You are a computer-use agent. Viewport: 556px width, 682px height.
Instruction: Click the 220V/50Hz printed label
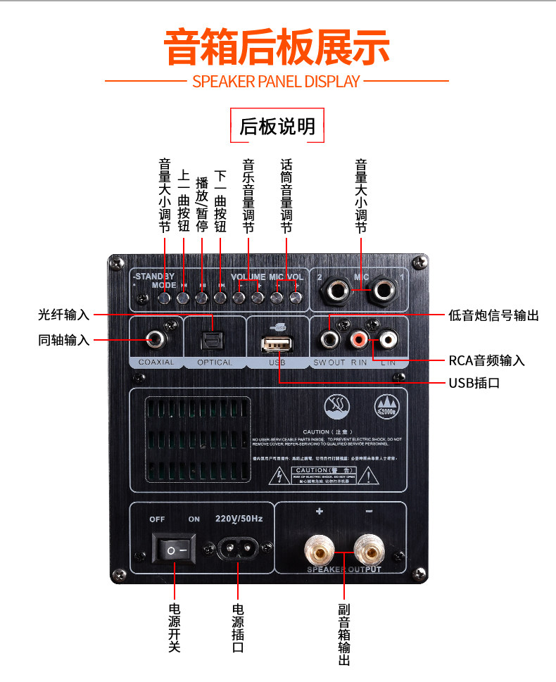coord(238,519)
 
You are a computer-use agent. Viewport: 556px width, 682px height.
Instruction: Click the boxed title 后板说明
coord(277,127)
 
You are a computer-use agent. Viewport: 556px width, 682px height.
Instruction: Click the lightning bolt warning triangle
coord(281,477)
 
